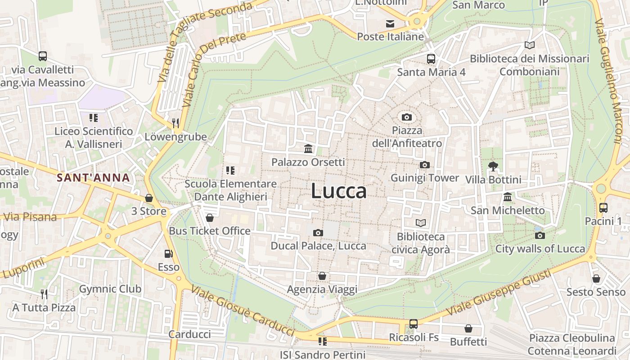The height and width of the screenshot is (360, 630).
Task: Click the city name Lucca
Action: tap(338, 191)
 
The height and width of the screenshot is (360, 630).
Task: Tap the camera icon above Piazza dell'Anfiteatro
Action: tap(407, 117)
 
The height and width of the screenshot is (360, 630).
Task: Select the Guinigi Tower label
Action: tap(424, 178)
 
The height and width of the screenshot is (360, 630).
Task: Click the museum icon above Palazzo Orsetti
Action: tap(309, 148)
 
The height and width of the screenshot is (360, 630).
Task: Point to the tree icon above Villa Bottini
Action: tap(493, 166)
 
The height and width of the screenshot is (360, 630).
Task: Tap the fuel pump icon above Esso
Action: tap(168, 254)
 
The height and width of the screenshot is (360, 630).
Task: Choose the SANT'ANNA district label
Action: tap(93, 177)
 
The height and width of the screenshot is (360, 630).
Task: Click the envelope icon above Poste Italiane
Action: tap(390, 23)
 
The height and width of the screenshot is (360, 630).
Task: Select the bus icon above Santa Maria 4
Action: tap(431, 58)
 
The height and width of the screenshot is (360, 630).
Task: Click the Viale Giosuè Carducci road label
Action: tap(243, 311)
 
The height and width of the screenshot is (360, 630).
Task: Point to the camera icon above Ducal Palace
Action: tap(318, 233)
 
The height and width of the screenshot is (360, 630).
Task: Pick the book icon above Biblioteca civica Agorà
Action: tap(421, 223)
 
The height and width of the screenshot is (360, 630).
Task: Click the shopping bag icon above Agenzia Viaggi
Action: tap(322, 276)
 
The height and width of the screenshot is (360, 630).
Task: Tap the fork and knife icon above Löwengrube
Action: tap(175, 123)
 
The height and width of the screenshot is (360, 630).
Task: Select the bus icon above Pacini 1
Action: tap(603, 208)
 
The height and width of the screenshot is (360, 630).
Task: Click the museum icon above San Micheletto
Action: tap(508, 197)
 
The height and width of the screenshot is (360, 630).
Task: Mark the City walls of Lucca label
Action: tap(540, 249)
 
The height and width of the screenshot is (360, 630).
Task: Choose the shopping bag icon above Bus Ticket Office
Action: tap(209, 218)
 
